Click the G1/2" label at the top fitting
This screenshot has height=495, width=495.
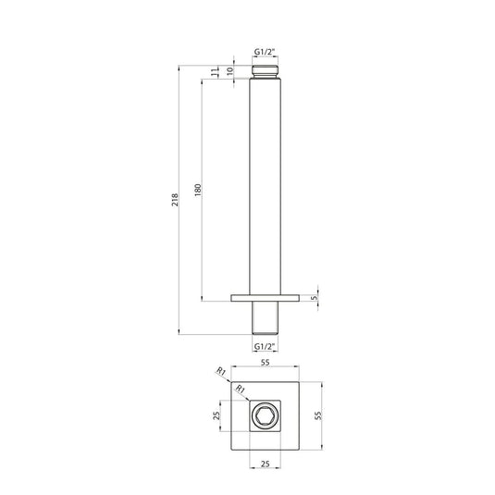point(265,54)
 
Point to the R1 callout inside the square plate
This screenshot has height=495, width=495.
point(241,389)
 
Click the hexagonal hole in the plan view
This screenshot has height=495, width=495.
point(266,416)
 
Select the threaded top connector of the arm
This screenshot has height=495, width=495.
point(265,70)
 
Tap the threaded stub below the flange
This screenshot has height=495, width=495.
point(265,316)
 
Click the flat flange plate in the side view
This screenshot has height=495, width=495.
point(265,297)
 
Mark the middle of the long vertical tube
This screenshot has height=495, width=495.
point(265,185)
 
